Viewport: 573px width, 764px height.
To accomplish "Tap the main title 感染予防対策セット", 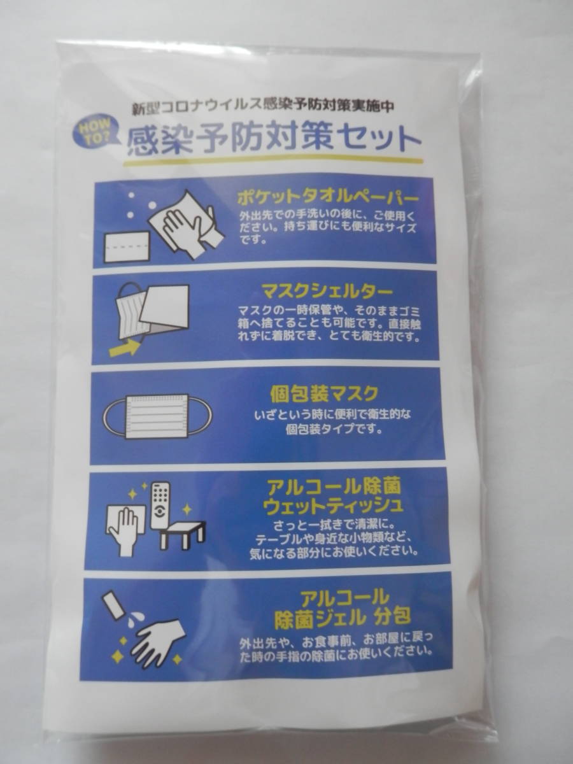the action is (x=274, y=140).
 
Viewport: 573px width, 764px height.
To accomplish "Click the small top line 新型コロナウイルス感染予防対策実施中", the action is (x=263, y=106).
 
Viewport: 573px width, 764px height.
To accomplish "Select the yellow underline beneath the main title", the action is (x=274, y=162).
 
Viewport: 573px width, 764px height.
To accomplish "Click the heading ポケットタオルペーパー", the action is (x=327, y=199).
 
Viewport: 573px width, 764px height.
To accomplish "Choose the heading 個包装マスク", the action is (x=324, y=393).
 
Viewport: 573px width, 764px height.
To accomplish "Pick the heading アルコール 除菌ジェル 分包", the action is (x=343, y=607).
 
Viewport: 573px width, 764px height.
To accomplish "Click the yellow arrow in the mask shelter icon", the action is (x=124, y=348).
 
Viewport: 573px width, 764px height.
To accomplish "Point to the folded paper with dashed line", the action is (x=127, y=246).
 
